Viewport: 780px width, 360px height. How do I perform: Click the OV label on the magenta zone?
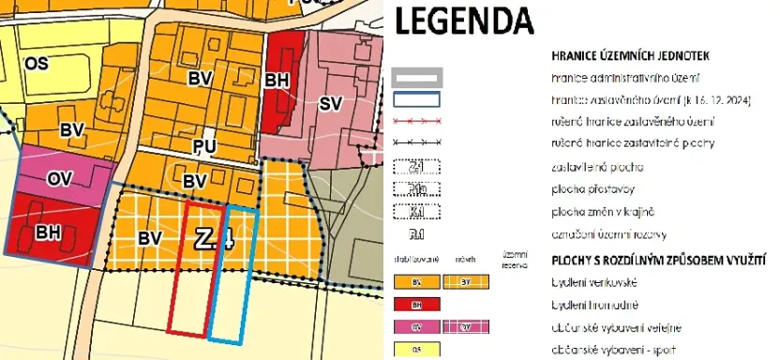[x=60, y=178]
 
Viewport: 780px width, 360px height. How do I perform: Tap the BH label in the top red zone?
[x=276, y=82]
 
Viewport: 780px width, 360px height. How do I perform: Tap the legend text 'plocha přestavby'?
[x=589, y=188]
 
